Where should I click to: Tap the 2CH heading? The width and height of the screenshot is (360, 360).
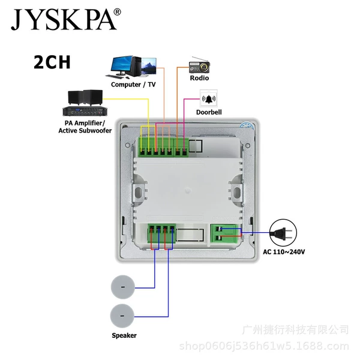(x=52, y=62)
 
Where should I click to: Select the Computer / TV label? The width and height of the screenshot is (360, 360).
(x=133, y=85)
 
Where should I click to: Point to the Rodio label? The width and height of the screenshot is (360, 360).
(x=199, y=78)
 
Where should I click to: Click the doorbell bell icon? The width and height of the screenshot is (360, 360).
(x=209, y=99)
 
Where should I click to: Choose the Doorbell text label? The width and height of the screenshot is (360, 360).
(x=209, y=112)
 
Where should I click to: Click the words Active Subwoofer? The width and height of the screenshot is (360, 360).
(x=85, y=131)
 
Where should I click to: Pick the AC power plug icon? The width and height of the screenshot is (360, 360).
(x=283, y=233)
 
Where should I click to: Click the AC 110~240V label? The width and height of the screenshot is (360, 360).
(x=284, y=252)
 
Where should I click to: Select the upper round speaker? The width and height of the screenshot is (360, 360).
(x=123, y=287)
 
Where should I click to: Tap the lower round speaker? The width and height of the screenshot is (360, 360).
(x=122, y=316)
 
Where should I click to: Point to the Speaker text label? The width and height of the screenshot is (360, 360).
(x=124, y=335)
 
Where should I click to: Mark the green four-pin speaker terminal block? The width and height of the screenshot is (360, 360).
(x=161, y=233)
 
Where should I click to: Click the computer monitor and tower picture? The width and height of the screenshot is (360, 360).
(x=131, y=67)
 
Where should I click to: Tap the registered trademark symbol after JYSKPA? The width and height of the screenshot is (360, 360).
(x=117, y=12)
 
